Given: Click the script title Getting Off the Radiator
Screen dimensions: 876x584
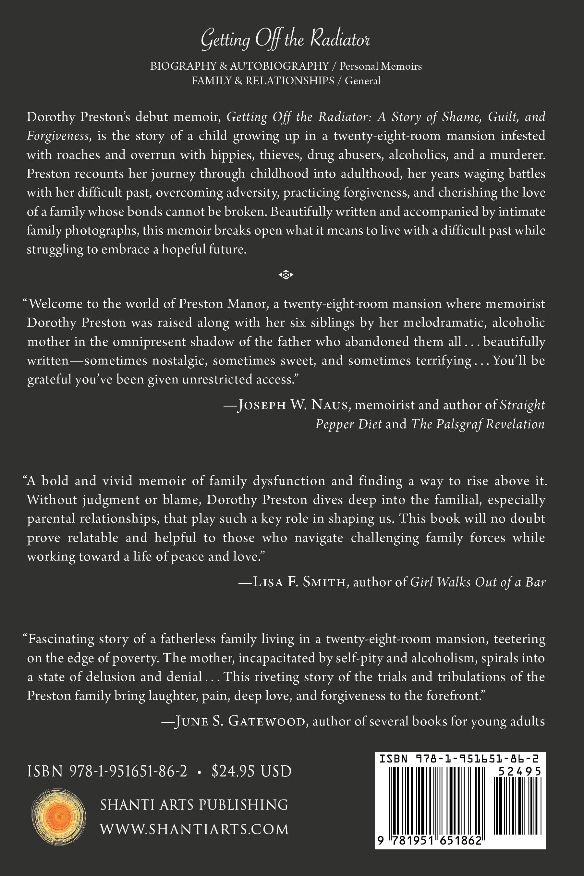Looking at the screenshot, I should pos(285,39).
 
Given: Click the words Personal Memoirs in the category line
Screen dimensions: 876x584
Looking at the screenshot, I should pos(380,66).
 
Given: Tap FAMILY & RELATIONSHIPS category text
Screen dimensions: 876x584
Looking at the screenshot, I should pos(262,81).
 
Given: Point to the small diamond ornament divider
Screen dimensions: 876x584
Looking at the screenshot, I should pos(286,275).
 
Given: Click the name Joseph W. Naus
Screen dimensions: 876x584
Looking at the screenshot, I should pos(293,405).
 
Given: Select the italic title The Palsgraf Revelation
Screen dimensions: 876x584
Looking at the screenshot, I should pos(478,424).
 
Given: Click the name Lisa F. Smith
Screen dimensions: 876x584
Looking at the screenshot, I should pos(299,582).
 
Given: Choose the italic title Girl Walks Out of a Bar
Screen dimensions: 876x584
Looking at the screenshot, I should pos(478,582).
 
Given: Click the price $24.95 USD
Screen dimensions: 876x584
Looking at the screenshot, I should pos(251,771).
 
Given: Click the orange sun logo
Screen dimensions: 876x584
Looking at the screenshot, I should pos(58,816).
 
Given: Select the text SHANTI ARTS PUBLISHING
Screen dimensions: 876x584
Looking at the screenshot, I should pos(194,805).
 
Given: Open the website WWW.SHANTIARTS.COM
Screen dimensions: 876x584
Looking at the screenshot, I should pos(194,829).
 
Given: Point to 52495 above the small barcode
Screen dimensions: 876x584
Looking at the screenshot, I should pos(519,771).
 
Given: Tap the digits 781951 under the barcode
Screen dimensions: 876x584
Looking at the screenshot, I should pos(411,841).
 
